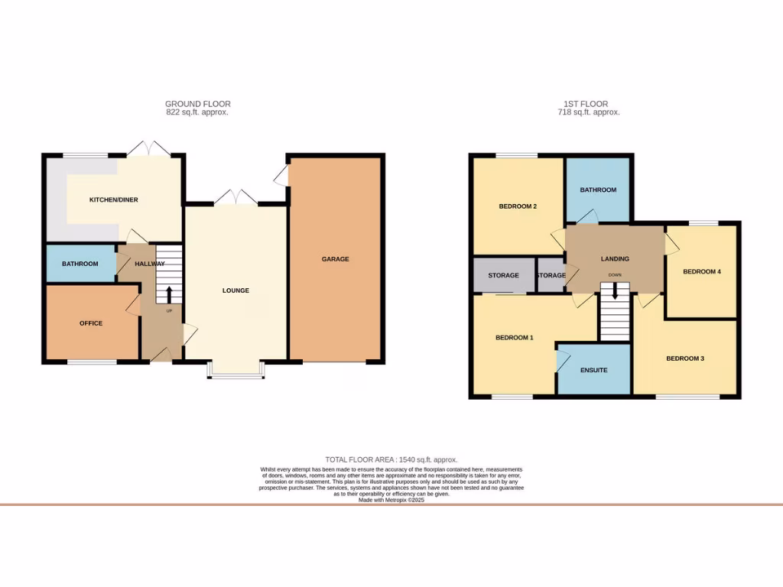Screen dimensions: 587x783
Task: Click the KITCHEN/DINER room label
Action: (x=113, y=200)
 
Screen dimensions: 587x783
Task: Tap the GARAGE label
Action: (x=335, y=259)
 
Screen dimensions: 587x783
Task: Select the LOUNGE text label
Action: (x=236, y=290)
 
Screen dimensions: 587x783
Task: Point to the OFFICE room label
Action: (x=91, y=323)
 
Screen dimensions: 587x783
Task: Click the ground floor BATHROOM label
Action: (x=80, y=264)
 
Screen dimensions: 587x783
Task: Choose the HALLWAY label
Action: (x=149, y=264)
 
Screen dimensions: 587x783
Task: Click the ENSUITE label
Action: (x=593, y=370)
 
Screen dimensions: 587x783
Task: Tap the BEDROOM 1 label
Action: (x=515, y=338)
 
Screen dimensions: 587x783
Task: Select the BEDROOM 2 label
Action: (x=518, y=206)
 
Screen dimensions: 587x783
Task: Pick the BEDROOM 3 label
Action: (x=684, y=358)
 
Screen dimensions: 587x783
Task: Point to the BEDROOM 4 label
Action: (x=701, y=271)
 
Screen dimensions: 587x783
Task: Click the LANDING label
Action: (x=615, y=259)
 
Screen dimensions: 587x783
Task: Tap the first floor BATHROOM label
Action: (x=597, y=190)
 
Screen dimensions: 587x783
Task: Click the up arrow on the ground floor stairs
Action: (x=168, y=294)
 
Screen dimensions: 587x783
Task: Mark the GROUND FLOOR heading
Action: (x=197, y=104)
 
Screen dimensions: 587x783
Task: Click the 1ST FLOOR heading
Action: (x=588, y=104)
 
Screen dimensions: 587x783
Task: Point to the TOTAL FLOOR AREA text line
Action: (x=391, y=460)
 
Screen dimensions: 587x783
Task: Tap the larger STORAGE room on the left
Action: (x=503, y=275)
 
